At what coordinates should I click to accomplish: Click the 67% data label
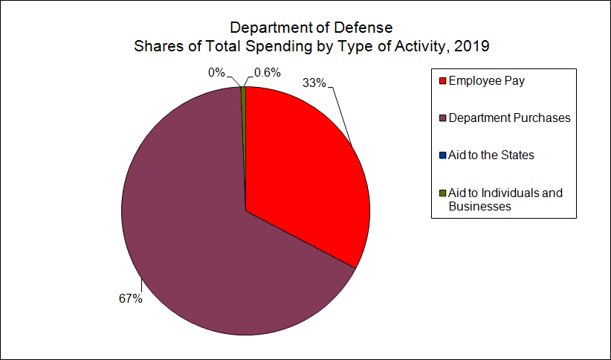click(130, 299)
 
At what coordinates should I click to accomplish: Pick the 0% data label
click(216, 73)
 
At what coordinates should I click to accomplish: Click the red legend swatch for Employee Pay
click(442, 81)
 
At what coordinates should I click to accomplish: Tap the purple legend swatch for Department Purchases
click(442, 118)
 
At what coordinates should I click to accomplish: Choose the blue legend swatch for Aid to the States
click(442, 155)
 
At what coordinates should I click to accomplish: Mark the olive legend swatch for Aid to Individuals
click(442, 193)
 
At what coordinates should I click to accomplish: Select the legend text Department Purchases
click(509, 118)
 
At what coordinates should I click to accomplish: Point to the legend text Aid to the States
click(491, 155)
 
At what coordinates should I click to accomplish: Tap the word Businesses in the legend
click(480, 207)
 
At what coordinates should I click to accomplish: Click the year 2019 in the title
click(473, 46)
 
